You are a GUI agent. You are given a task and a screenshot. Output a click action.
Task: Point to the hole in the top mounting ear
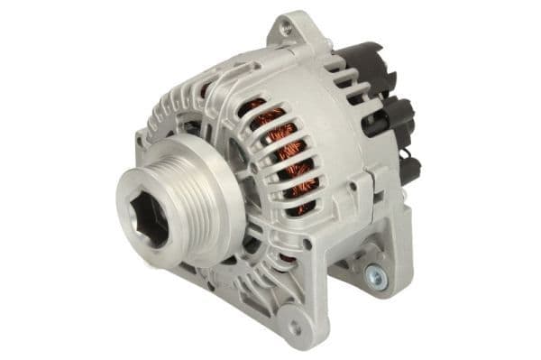(287, 30)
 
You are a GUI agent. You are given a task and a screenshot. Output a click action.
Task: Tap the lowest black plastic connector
(406, 169)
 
